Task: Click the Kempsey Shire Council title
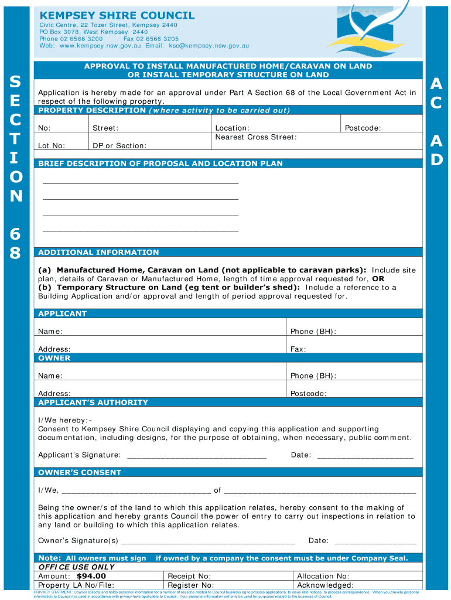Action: click(x=117, y=15)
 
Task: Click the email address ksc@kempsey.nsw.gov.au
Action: click(x=209, y=46)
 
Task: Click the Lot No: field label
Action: click(x=52, y=145)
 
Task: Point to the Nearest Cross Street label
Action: click(x=256, y=137)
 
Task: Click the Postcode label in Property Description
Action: click(x=363, y=128)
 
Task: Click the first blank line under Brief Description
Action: click(x=141, y=183)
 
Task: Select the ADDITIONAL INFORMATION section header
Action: click(x=98, y=253)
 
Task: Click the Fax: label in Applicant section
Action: click(x=298, y=349)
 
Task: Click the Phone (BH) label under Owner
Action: click(x=313, y=376)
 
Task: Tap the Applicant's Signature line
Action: click(x=197, y=456)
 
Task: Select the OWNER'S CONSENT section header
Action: click(x=80, y=472)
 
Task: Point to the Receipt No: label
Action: click(x=189, y=577)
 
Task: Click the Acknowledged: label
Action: click(x=325, y=585)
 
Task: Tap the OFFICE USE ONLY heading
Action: click(x=76, y=567)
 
